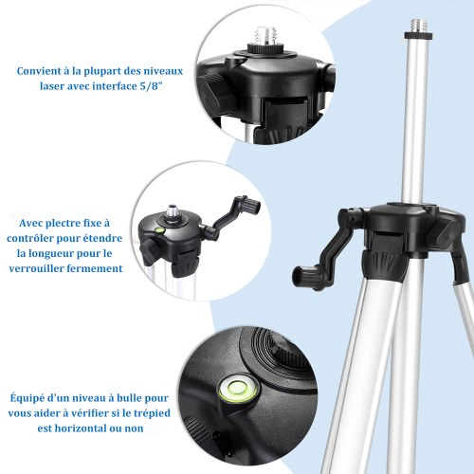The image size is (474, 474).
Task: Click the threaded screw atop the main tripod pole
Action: coord(419,26)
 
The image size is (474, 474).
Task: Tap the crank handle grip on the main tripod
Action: coord(305,277)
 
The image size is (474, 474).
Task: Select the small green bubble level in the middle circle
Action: coord(159,230)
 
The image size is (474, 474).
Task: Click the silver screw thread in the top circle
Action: coord(266,36)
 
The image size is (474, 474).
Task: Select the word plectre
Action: coord(64,224)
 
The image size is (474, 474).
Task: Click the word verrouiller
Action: coord(36,268)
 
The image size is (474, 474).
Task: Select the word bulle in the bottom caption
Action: coord(130,398)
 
